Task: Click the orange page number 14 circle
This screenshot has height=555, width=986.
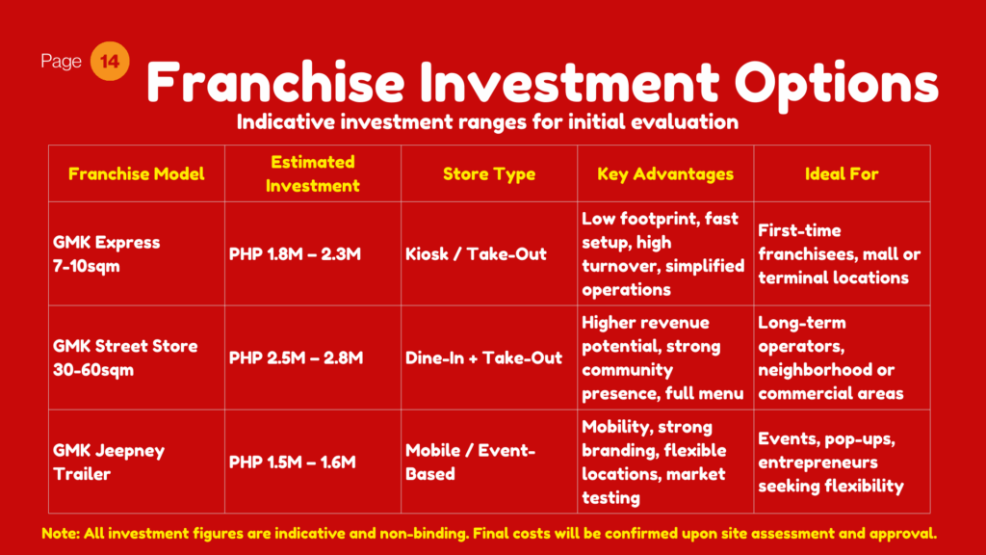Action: (110, 61)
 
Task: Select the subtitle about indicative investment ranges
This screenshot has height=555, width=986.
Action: (487, 121)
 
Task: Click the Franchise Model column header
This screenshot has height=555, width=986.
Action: (137, 173)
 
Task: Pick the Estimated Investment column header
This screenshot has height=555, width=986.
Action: (313, 173)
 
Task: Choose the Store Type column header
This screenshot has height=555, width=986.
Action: (489, 173)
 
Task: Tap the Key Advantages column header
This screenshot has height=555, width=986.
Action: (665, 173)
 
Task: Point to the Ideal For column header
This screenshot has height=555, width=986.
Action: (842, 173)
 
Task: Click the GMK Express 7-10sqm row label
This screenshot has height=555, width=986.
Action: (106, 254)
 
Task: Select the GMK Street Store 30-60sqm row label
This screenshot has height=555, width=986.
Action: (125, 358)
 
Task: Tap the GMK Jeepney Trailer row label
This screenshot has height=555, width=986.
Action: (109, 462)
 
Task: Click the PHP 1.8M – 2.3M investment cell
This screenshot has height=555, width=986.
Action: (295, 254)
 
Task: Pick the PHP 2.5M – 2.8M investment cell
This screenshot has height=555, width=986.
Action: (297, 358)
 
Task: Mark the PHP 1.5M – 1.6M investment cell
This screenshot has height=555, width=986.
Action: (293, 462)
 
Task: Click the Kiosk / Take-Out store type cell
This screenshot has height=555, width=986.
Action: (476, 254)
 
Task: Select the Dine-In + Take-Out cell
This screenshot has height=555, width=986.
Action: (483, 358)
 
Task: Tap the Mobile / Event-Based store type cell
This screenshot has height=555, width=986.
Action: (470, 462)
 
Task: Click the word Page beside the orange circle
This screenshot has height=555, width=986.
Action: (61, 61)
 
